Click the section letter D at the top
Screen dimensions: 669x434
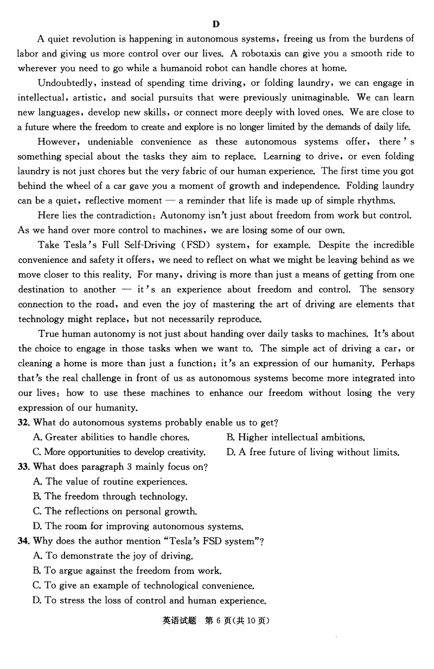[x=216, y=23]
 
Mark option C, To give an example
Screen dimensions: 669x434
[x=144, y=585]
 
